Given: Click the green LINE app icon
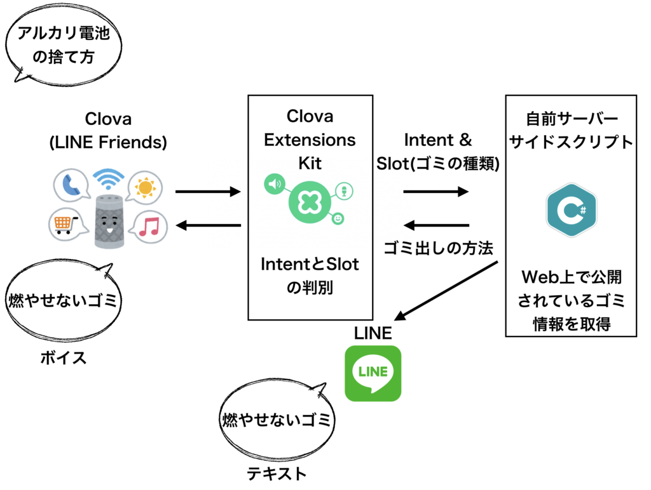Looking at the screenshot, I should click(373, 373).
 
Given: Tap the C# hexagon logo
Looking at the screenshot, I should click(571, 210).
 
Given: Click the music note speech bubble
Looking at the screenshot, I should click(151, 225).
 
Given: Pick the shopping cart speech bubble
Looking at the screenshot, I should click(65, 223).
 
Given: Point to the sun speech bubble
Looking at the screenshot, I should click(145, 188).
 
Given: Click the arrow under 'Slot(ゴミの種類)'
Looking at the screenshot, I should click(436, 192).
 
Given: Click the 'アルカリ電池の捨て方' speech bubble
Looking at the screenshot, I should click(63, 48).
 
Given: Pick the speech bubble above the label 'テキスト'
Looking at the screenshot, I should click(276, 419).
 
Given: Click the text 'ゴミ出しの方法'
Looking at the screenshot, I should click(438, 248).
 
